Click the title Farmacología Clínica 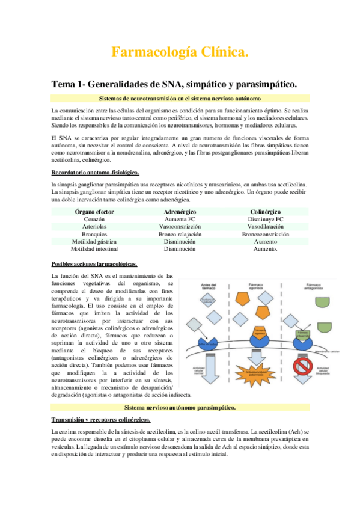[x=180, y=53]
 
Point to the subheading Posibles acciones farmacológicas [x=94, y=264]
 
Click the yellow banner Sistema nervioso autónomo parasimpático [x=180, y=407]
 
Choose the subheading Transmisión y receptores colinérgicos [x=101, y=419]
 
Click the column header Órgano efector [x=94, y=212]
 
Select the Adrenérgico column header [x=180, y=212]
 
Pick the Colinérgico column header [x=265, y=212]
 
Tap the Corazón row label [x=94, y=220]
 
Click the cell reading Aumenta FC [x=180, y=220]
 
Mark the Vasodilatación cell [x=265, y=227]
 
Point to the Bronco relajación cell [x=180, y=234]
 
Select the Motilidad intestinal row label [x=94, y=248]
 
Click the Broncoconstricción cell [x=265, y=234]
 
